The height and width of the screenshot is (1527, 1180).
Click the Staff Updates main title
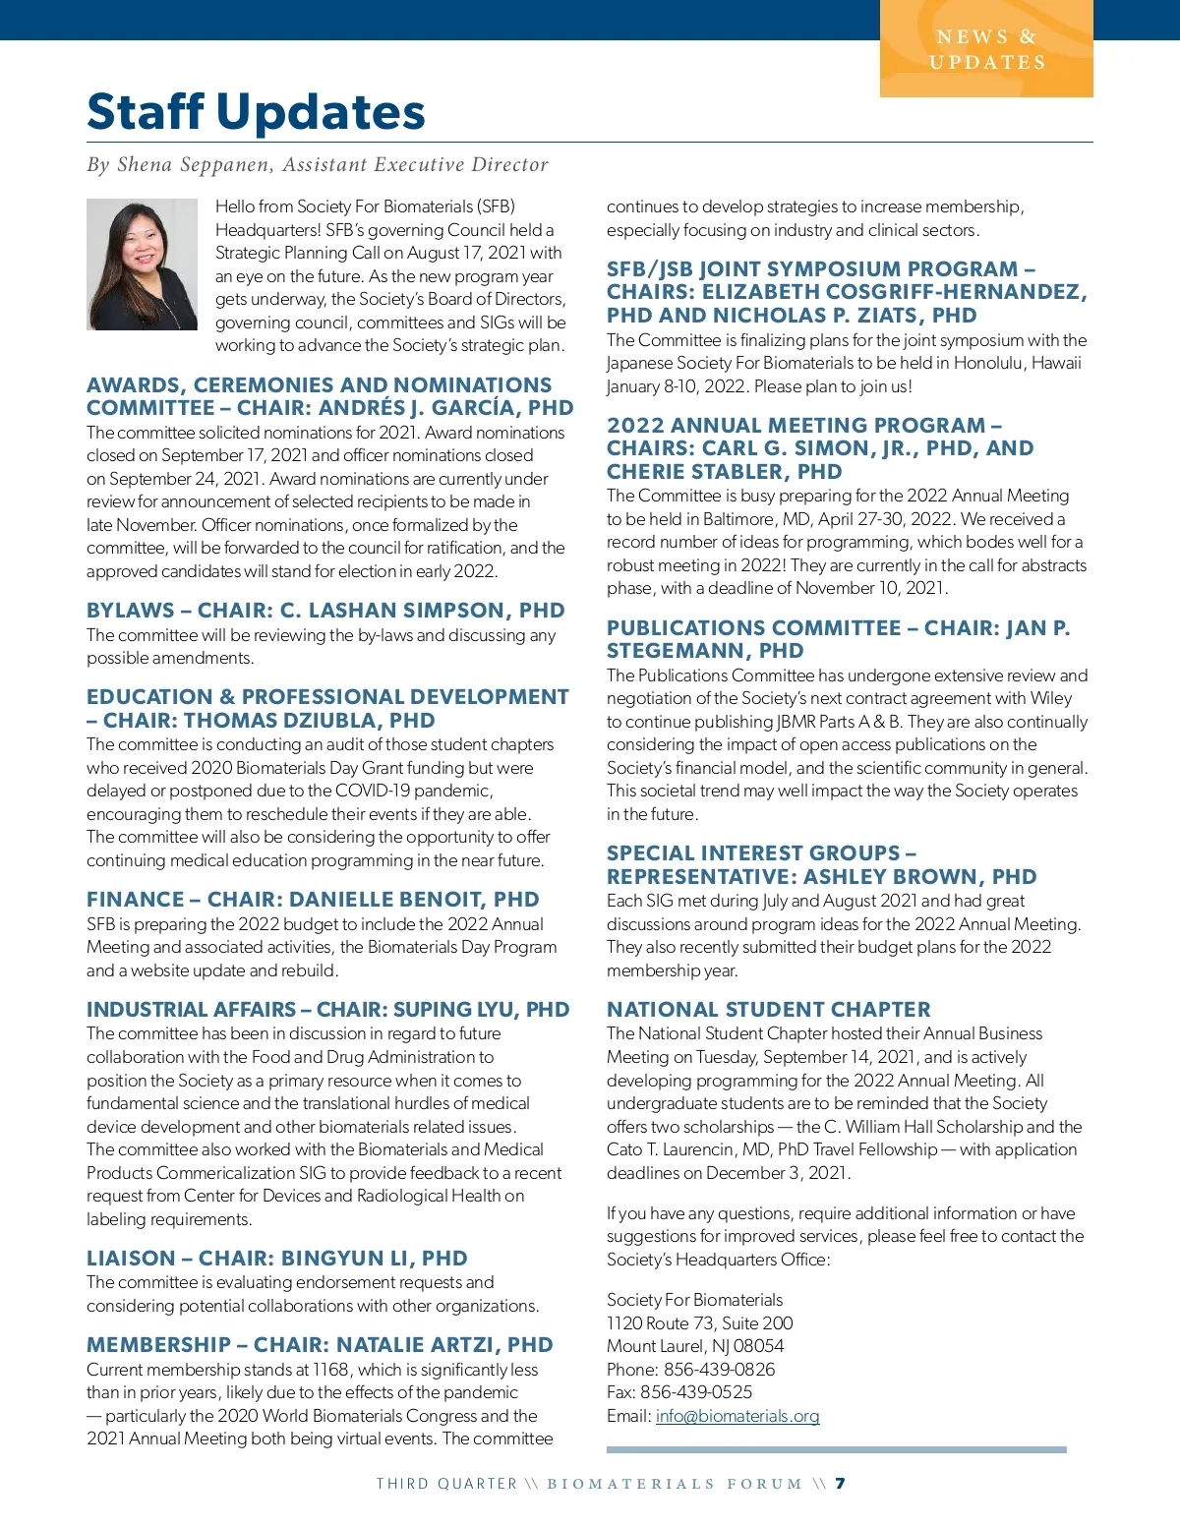[x=256, y=112]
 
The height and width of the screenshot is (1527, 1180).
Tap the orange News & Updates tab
[x=986, y=50]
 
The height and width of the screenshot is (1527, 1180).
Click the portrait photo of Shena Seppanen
[x=142, y=264]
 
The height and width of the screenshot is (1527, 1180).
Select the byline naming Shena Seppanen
[x=317, y=165]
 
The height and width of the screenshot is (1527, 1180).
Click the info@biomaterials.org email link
[x=737, y=1416]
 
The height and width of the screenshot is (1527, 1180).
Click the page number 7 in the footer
[x=840, y=1484]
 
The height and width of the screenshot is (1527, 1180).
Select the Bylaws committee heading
[x=325, y=611]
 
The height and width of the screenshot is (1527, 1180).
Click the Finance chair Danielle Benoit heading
[x=313, y=900]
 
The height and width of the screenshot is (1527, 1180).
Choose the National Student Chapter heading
[x=768, y=1010]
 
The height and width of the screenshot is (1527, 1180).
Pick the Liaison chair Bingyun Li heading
[x=276, y=1259]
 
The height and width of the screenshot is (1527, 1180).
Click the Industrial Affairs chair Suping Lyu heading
[x=327, y=1010]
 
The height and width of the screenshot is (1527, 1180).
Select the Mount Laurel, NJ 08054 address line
[x=694, y=1346]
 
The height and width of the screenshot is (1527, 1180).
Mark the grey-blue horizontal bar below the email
[x=836, y=1449]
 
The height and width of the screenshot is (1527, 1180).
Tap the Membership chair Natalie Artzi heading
[x=320, y=1345]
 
